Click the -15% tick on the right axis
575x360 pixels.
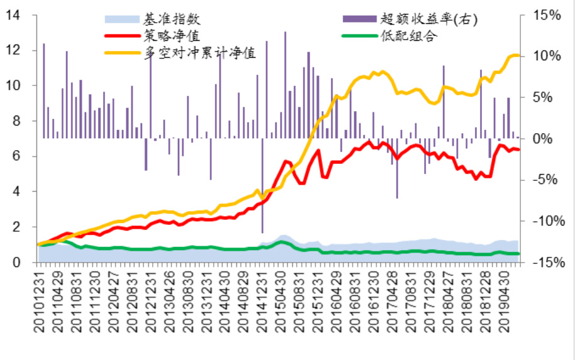(x=544, y=262)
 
